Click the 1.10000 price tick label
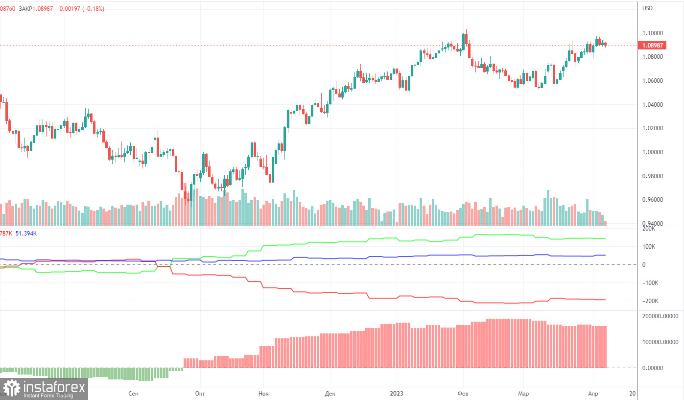click(x=653, y=33)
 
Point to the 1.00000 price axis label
click(x=653, y=152)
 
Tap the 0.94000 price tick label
click(x=653, y=224)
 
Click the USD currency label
click(x=648, y=8)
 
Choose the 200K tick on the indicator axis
click(x=649, y=229)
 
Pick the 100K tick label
click(x=649, y=247)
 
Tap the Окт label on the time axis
click(x=199, y=394)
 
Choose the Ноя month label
click(x=263, y=394)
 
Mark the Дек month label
click(x=330, y=394)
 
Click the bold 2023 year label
click(x=396, y=394)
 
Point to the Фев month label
click(x=463, y=394)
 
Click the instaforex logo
click(x=44, y=389)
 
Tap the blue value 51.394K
click(x=26, y=234)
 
